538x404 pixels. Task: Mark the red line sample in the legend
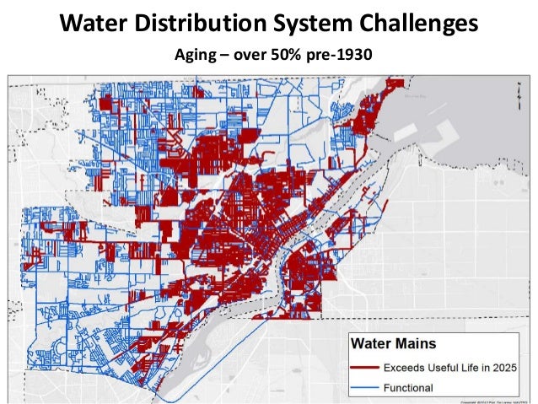pyautogui.click(x=374, y=369)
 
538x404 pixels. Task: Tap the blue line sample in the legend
pyautogui.click(x=374, y=388)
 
